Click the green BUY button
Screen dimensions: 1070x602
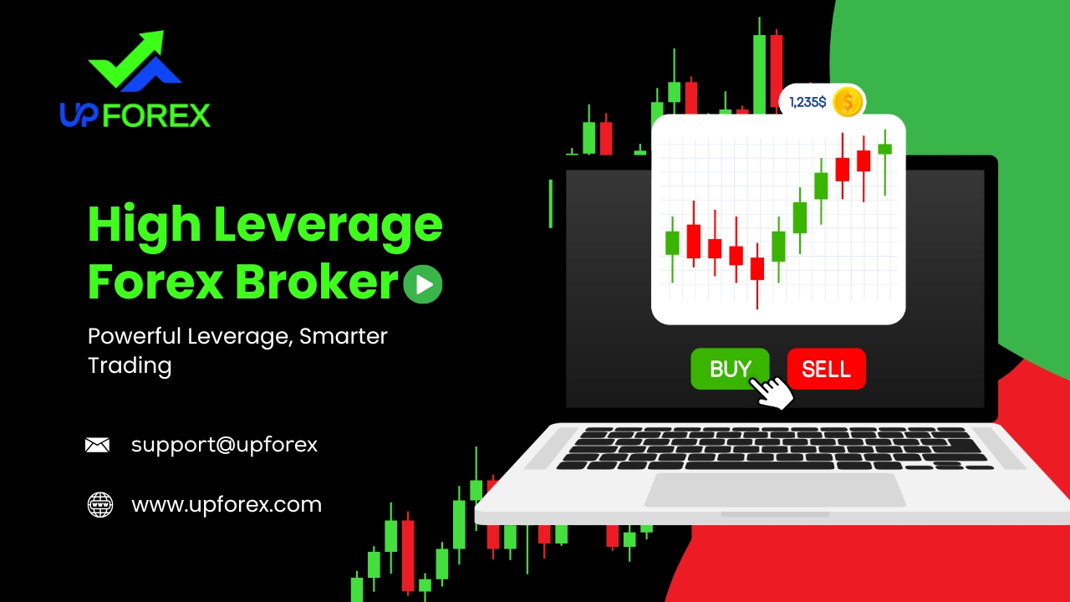[730, 369]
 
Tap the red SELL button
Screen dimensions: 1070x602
[827, 369]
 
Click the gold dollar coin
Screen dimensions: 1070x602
[848, 102]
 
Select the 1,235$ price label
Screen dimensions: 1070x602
[808, 102]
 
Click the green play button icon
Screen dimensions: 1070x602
[423, 284]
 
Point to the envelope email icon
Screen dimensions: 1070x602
[98, 445]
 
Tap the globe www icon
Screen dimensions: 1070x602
[100, 504]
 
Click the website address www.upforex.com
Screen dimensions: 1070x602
[227, 505]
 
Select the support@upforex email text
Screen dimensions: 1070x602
[225, 446]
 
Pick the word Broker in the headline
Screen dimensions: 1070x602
[316, 282]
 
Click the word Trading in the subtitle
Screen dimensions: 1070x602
[130, 366]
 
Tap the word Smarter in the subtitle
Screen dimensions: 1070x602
[343, 336]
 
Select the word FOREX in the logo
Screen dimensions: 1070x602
[156, 115]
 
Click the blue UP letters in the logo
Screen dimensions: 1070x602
[79, 115]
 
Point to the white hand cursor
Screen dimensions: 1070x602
[772, 393]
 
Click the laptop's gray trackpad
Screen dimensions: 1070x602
[775, 490]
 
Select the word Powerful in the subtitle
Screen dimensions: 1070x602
[135, 336]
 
